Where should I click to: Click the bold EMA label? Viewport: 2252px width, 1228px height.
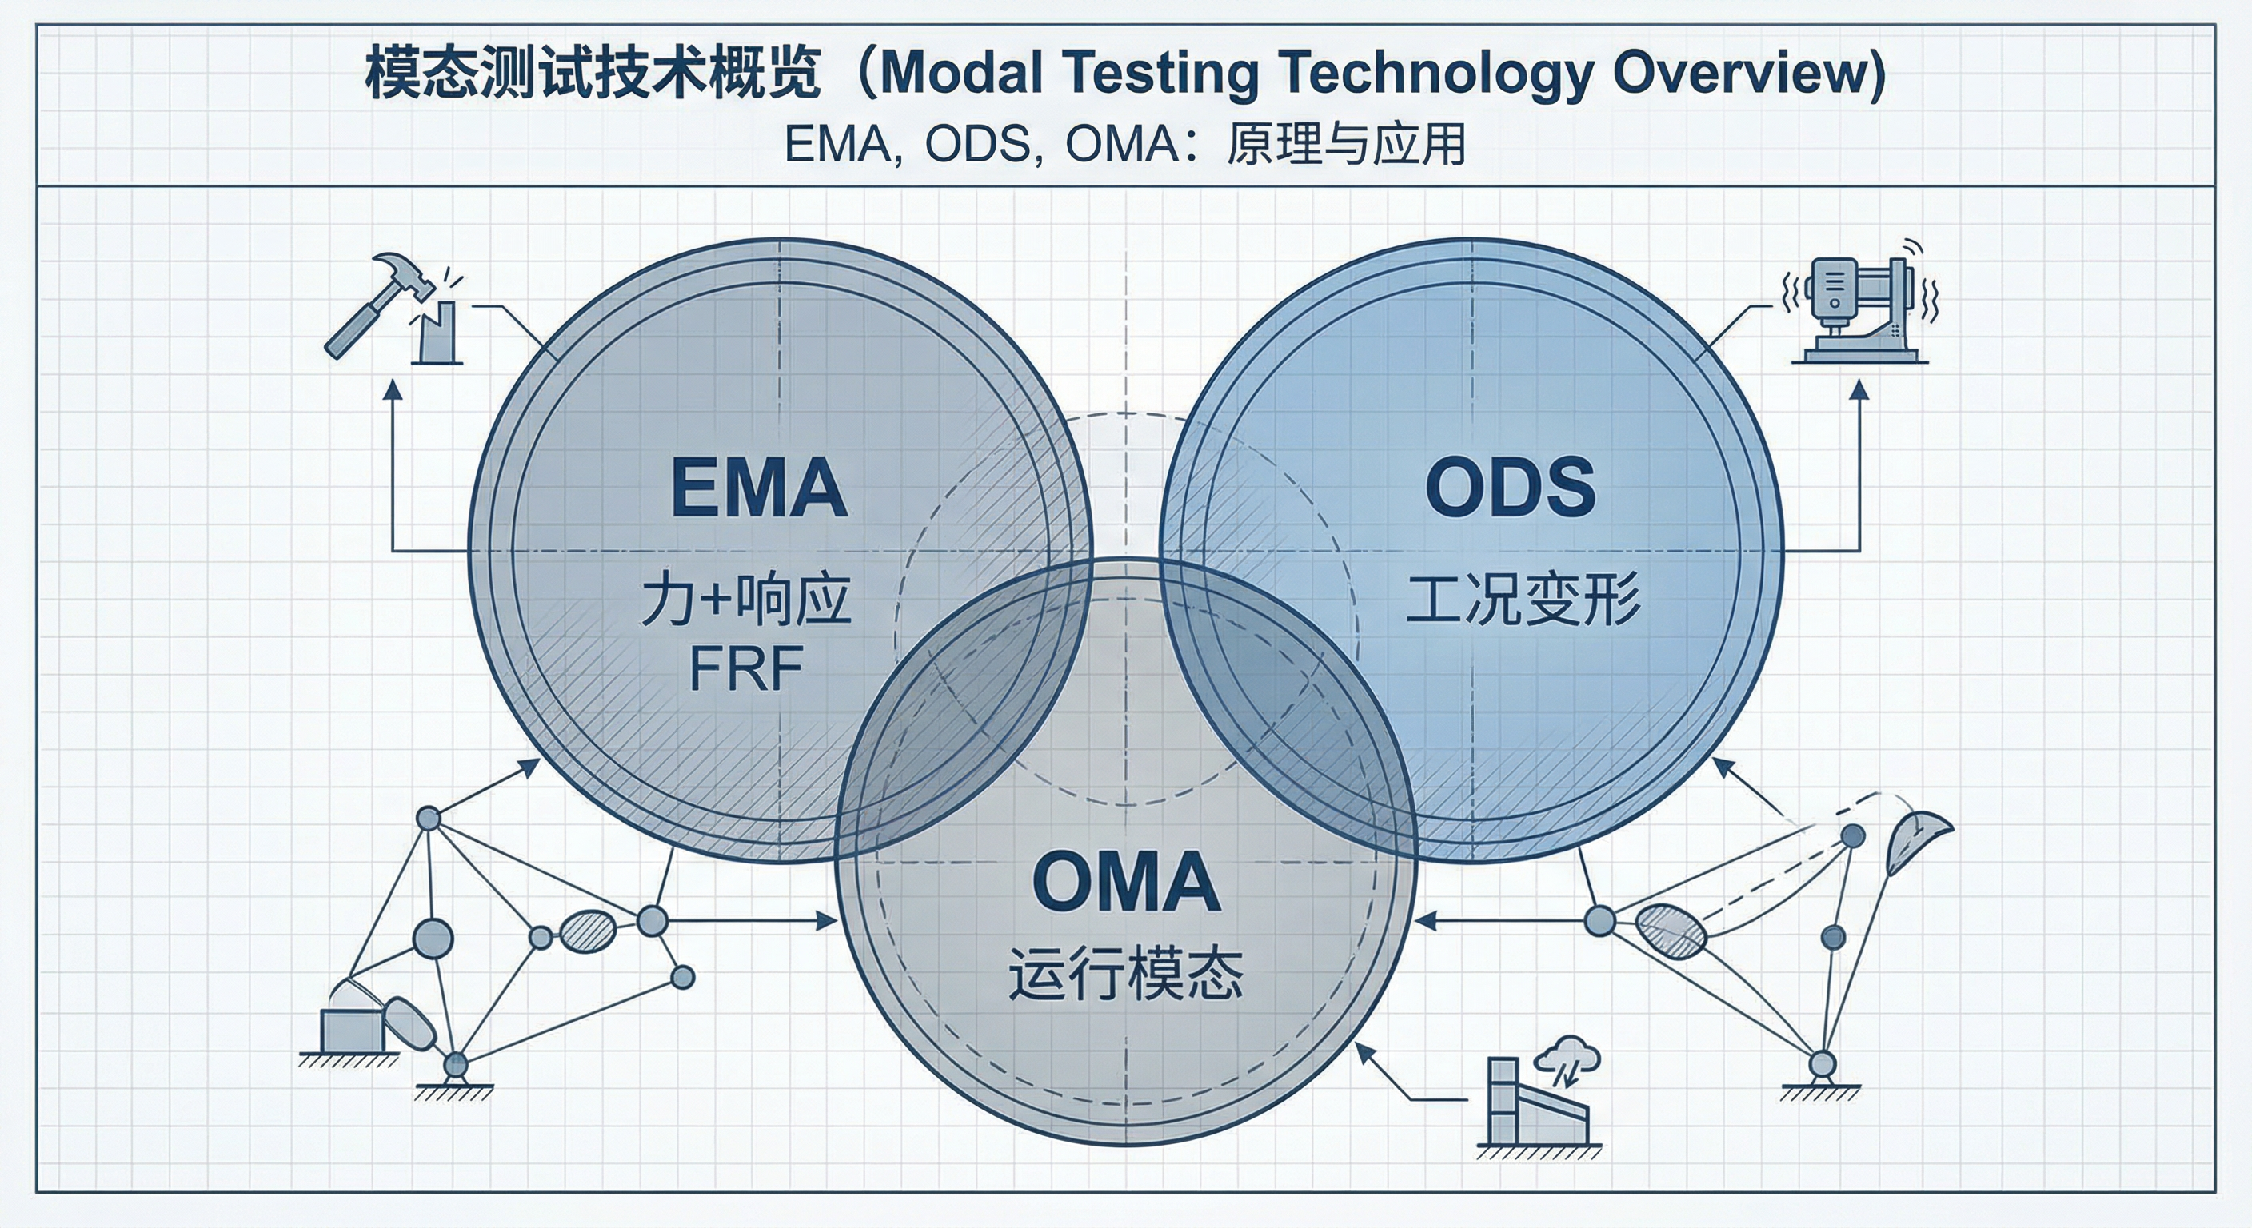[758, 487]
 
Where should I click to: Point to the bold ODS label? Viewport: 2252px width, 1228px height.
[1510, 487]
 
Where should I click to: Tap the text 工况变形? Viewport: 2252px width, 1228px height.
[1523, 600]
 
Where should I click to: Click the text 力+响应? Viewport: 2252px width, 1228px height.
[745, 600]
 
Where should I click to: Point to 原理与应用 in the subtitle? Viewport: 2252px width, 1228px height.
[1345, 144]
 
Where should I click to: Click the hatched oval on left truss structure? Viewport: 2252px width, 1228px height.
[587, 931]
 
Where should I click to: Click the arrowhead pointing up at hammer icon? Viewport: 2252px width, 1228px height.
[393, 390]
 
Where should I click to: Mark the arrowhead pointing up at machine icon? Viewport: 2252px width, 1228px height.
[1859, 390]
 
